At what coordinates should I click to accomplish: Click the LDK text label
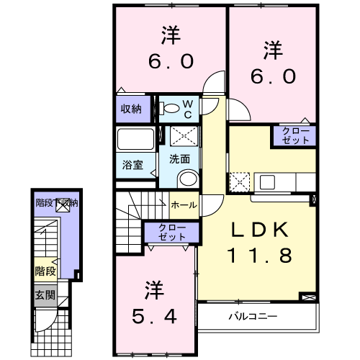click(260, 230)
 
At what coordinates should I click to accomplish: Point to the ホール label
click(184, 205)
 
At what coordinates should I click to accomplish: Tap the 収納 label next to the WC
click(130, 109)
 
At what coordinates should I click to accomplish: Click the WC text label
click(186, 109)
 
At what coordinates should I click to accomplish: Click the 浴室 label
click(132, 165)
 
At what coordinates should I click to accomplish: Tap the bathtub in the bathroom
click(135, 138)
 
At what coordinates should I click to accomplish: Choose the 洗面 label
click(180, 159)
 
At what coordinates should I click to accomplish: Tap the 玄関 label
click(45, 294)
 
